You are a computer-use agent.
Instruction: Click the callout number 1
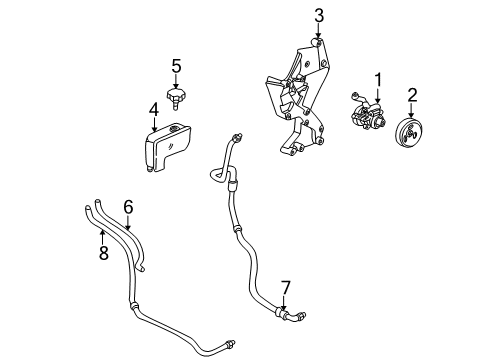click(379, 79)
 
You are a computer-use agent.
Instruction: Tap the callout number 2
click(410, 96)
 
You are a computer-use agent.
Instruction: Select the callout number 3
click(319, 15)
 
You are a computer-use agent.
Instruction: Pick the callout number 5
click(175, 68)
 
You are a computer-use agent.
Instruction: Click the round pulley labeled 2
click(409, 137)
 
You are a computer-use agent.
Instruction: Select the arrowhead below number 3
click(319, 39)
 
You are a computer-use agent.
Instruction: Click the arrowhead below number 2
click(410, 117)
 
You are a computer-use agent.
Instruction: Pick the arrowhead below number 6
click(128, 226)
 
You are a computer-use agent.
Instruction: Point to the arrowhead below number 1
click(379, 99)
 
